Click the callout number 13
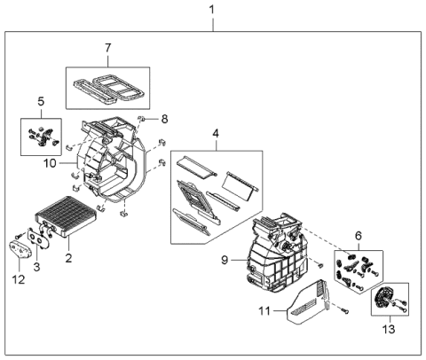(386, 332)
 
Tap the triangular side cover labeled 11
(306, 301)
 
